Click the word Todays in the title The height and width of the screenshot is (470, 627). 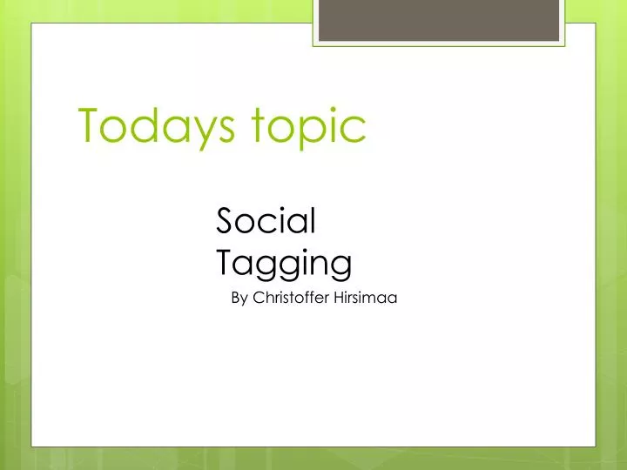click(x=158, y=127)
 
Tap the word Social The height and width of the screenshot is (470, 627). click(x=265, y=222)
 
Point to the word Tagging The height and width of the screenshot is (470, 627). click(x=283, y=262)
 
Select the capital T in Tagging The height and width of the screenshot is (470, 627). click(x=226, y=260)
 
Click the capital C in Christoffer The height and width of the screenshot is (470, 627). click(x=258, y=299)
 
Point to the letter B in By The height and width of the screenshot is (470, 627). click(x=235, y=299)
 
